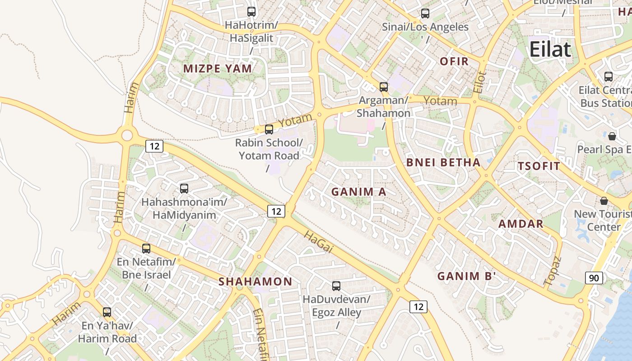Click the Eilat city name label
click(x=550, y=49)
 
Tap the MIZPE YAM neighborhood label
click(x=217, y=69)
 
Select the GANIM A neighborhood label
click(x=359, y=192)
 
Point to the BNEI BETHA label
click(x=443, y=162)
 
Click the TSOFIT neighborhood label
click(x=539, y=166)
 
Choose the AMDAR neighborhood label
click(x=521, y=224)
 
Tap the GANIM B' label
click(x=467, y=276)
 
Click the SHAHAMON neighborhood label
click(x=256, y=282)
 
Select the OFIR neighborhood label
click(x=454, y=61)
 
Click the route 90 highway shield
click(x=594, y=278)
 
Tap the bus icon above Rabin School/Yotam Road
click(x=269, y=130)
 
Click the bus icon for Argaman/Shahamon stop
click(x=384, y=87)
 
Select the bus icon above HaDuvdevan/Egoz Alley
click(x=336, y=286)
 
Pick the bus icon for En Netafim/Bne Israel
click(x=146, y=248)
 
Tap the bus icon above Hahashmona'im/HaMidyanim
click(x=184, y=188)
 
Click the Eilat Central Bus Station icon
click(x=609, y=76)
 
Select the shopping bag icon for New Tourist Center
click(x=604, y=200)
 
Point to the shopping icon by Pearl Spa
click(x=612, y=136)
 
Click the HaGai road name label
click(x=318, y=242)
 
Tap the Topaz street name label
click(x=553, y=271)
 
